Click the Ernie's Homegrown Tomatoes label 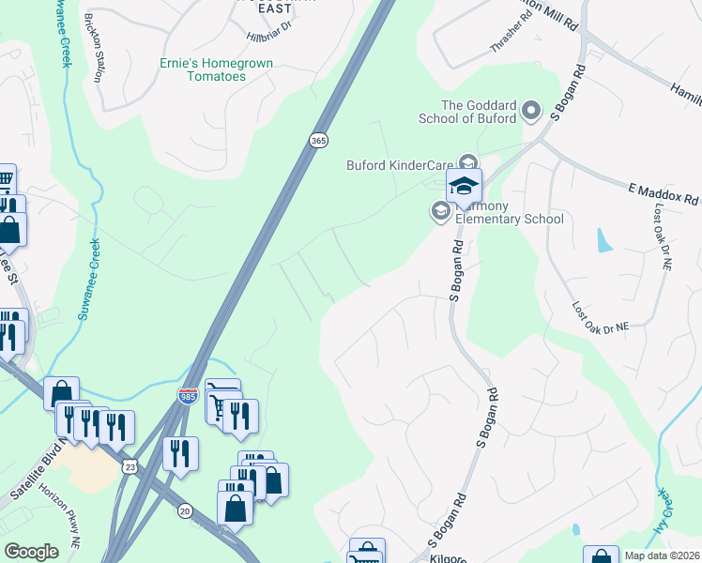click(202, 69)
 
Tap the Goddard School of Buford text click(480, 112)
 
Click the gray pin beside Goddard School click(531, 113)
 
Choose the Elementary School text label click(510, 220)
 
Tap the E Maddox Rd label click(663, 194)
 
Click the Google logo click(31, 552)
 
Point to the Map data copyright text click(663, 555)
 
